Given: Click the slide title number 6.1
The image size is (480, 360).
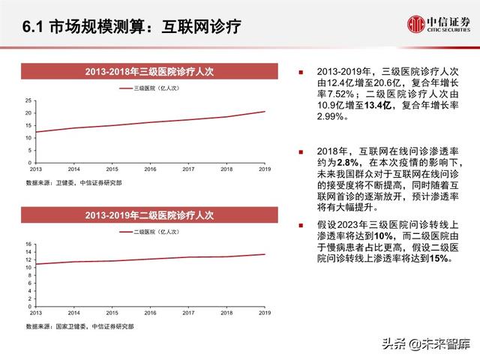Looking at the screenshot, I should (x=33, y=27).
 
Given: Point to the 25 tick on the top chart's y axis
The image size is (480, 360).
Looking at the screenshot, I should (x=28, y=100).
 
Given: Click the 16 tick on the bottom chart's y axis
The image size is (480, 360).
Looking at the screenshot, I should (x=28, y=244).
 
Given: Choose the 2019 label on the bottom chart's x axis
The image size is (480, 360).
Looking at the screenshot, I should (x=265, y=314).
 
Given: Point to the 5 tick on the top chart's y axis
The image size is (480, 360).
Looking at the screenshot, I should (x=29, y=150).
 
